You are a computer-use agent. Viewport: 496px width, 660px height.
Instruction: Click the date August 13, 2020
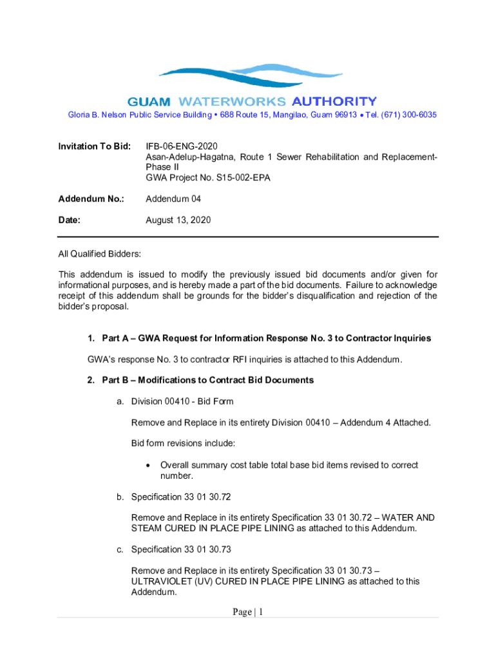[178, 220]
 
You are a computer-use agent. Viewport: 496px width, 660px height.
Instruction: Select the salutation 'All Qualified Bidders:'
[100, 255]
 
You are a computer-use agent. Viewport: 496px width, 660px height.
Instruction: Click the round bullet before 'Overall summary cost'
[149, 465]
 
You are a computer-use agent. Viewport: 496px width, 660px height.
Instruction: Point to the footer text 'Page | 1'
[248, 612]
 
